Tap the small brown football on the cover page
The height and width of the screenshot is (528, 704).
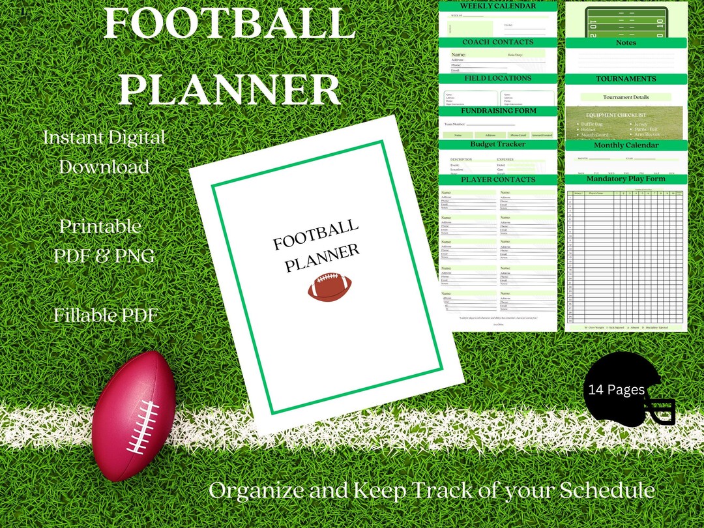(330, 287)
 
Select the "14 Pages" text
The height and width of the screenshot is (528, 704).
(616, 390)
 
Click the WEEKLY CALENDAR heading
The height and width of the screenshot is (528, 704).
(498, 6)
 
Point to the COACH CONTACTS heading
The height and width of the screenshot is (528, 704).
(498, 42)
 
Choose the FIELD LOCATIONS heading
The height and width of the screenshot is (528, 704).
(498, 78)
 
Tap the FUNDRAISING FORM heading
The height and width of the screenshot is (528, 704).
(498, 111)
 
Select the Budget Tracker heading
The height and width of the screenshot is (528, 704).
(498, 144)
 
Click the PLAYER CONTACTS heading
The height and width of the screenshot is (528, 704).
(498, 179)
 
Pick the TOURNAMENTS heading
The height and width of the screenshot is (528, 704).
(626, 79)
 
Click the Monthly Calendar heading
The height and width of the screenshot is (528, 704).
(626, 145)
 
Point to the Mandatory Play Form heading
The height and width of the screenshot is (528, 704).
(626, 179)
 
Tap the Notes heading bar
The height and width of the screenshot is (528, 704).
(626, 43)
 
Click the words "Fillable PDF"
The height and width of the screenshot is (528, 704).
(106, 315)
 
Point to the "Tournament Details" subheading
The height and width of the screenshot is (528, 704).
(626, 97)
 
